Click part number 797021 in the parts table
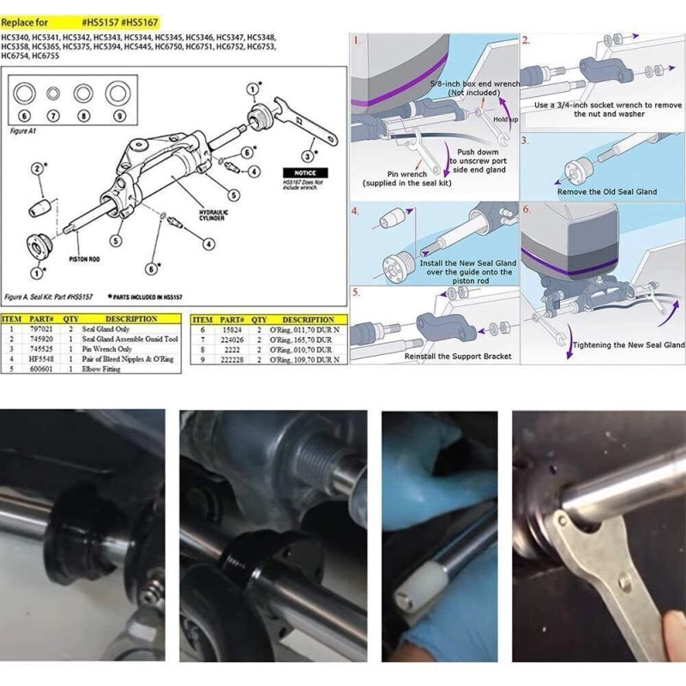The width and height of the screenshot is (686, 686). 41,328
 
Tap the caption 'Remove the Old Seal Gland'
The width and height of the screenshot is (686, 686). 607,191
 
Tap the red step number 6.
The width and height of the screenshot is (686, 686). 527,209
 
